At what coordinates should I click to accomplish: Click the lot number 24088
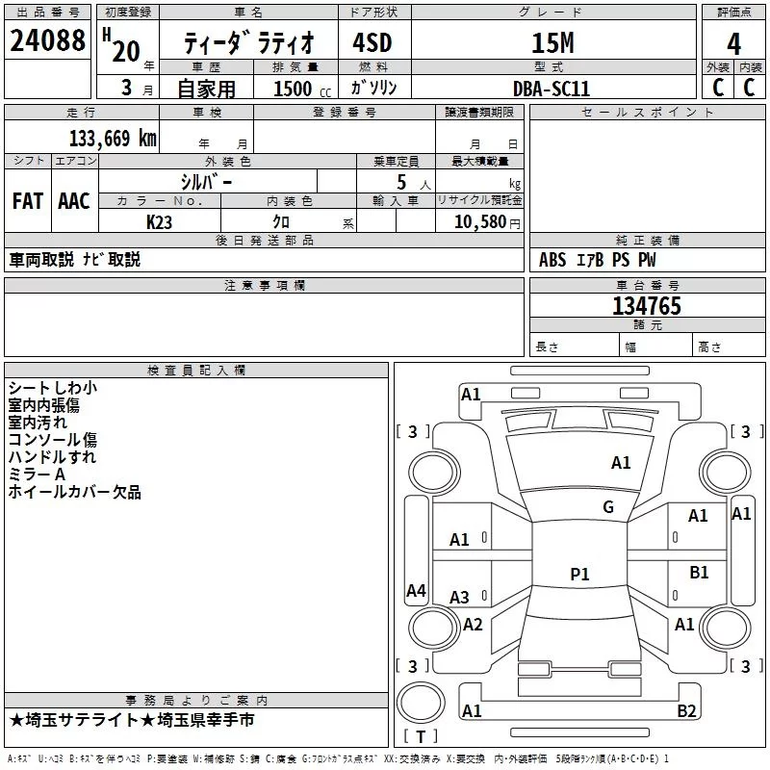coord(47,40)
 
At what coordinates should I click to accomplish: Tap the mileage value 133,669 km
coord(113,139)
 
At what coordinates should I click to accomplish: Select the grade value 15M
coord(552,42)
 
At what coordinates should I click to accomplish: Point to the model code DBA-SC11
coord(551,89)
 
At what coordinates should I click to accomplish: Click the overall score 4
coord(733,44)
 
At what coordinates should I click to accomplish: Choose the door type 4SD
coord(372,42)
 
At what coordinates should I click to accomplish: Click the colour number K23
coord(159,222)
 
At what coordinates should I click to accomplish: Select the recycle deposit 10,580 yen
coord(487,222)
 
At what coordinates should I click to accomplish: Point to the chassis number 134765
coord(647,306)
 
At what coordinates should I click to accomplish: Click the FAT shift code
coord(28,201)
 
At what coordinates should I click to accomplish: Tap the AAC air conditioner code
coord(74,201)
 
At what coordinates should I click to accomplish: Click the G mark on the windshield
coord(608,507)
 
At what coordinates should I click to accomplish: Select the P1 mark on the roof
coord(579,574)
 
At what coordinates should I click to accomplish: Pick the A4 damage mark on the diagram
coord(416,591)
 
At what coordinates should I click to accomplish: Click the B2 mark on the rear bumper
coord(686,710)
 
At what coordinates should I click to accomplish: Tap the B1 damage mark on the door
coord(699,573)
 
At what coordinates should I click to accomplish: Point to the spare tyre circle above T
coord(421,704)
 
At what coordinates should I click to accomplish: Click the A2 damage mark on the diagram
coord(473,625)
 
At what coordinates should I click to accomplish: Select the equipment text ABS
coord(552,260)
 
